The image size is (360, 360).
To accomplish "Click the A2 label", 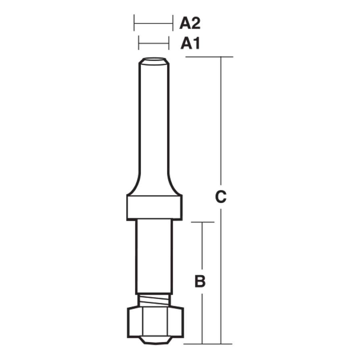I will (190, 24).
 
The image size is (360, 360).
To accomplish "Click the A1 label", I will (190, 43).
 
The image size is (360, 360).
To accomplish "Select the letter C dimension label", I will (220, 197).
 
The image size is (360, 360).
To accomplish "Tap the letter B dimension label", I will (200, 282).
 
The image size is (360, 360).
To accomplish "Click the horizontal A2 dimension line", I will (153, 23).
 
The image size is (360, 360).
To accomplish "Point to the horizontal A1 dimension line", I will (154, 43).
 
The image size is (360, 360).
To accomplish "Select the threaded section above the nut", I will (154, 300).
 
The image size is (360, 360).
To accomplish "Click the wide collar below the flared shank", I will (154, 207).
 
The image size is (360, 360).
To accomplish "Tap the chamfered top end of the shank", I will (154, 61).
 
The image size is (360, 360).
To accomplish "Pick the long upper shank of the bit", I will (154, 117).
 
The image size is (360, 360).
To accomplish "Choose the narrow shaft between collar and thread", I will (154, 257).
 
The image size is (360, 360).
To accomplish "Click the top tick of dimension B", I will (202, 222).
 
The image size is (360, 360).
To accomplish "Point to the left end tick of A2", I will (134, 23).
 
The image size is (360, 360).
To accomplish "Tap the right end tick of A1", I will (168, 43).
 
